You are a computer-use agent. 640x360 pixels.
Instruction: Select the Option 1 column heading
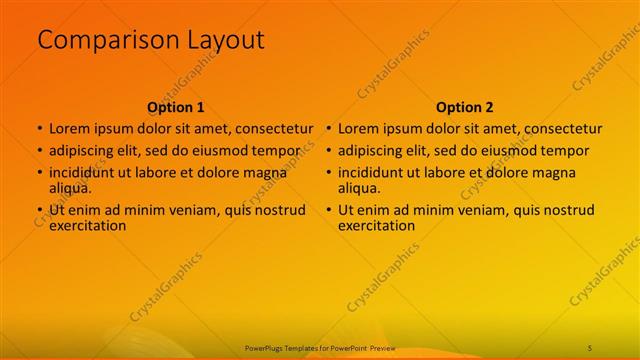point(176,107)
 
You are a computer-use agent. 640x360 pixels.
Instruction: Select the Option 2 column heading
point(465,107)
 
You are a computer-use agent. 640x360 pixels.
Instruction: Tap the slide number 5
point(590,346)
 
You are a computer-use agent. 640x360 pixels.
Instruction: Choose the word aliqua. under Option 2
point(359,187)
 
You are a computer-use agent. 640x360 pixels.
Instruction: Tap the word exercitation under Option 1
point(88,225)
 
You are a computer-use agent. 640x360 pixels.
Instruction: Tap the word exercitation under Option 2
point(377,225)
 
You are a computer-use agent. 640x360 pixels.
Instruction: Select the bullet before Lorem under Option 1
point(39,129)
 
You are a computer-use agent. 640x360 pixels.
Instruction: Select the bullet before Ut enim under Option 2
point(328,210)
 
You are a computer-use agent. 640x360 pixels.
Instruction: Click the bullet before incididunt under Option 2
point(328,173)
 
